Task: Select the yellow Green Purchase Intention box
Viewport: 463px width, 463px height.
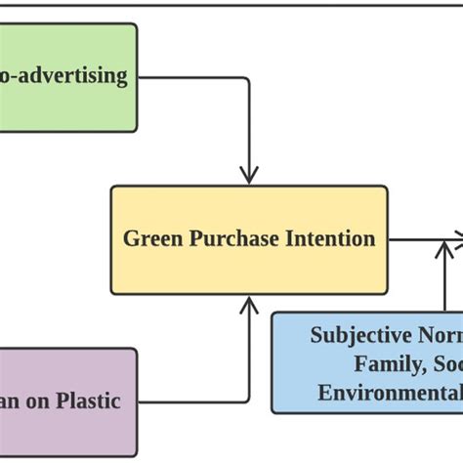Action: click(x=248, y=239)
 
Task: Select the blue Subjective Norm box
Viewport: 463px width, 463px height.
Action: click(x=366, y=362)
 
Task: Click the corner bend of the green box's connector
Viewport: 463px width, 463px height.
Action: click(x=248, y=79)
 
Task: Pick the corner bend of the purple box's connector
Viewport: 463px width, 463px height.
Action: click(x=248, y=401)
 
